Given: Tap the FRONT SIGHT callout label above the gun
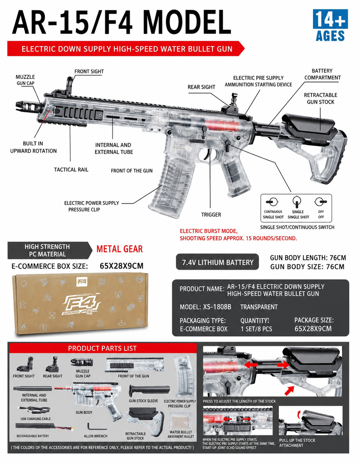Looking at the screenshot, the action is tap(89, 71).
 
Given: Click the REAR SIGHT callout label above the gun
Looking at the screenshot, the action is tap(201, 87).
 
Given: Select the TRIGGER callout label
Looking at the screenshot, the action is tap(211, 214).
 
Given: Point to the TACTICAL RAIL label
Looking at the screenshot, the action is tap(71, 170).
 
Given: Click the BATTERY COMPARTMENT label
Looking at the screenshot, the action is tap(322, 74).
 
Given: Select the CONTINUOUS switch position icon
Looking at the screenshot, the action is tap(272, 202).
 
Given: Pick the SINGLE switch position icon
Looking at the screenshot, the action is tap(297, 202).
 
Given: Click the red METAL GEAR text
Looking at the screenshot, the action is tap(120, 249).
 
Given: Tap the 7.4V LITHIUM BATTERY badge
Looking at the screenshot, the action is tap(217, 262).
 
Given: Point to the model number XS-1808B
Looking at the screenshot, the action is tap(217, 307).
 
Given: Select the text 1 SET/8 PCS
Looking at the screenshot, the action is tap(256, 329).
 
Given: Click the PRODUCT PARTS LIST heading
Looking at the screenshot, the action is tap(102, 348).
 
